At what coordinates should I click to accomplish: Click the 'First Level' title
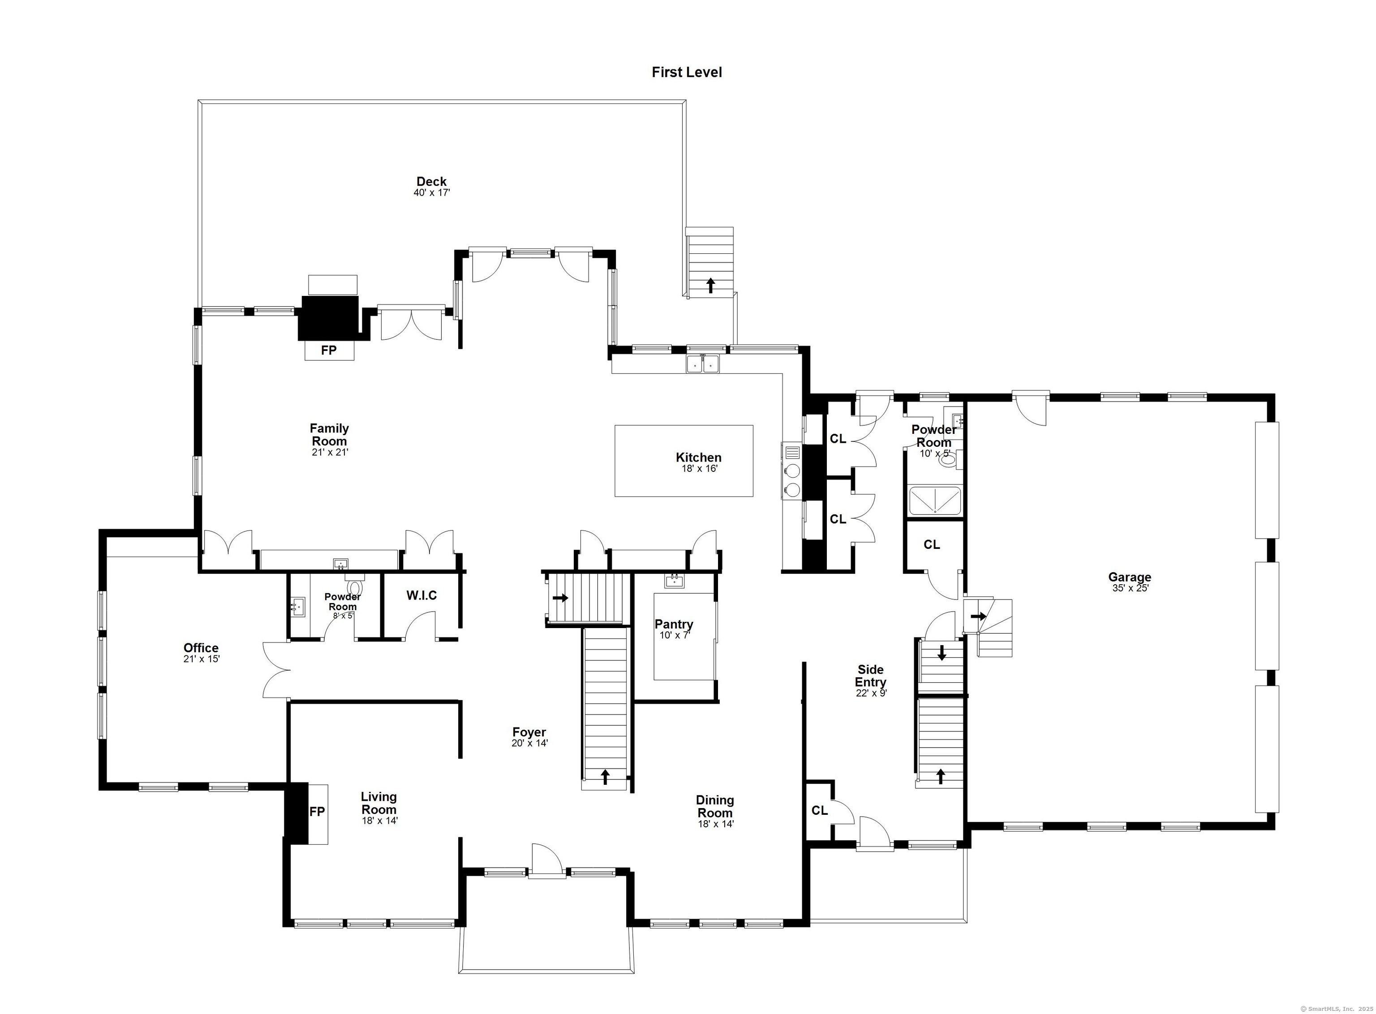(687, 73)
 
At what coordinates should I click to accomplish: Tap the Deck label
(432, 181)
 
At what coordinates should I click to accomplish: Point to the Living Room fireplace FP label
(317, 812)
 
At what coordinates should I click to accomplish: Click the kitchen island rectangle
(684, 461)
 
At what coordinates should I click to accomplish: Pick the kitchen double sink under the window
(703, 364)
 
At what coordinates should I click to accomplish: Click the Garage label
(1129, 577)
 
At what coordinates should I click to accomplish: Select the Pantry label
(674, 624)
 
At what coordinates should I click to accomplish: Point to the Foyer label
(529, 732)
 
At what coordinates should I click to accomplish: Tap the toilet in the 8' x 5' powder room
(353, 585)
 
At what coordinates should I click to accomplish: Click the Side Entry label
(871, 676)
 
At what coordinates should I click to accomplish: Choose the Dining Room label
(715, 807)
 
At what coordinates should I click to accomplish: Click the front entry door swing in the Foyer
(546, 859)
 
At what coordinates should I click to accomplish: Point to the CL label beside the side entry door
(820, 811)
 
